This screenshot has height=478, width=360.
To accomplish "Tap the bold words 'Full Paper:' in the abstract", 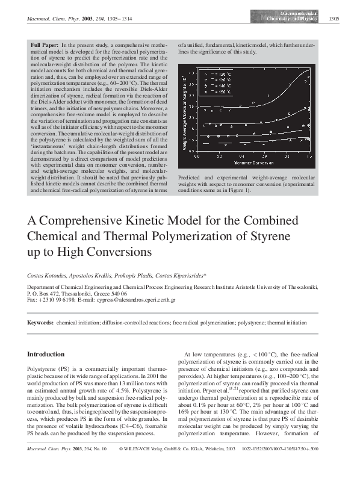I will [x=46, y=45].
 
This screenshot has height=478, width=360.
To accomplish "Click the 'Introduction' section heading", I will [x=46, y=354].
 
